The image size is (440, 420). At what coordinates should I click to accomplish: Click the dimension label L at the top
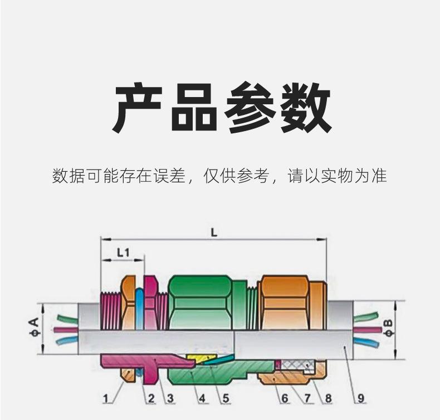(x=213, y=233)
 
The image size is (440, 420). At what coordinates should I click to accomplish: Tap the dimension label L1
(x=123, y=253)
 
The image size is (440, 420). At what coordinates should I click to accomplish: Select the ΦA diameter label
(x=34, y=329)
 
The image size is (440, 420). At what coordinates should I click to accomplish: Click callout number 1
(x=106, y=398)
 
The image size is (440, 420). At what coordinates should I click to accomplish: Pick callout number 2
(x=150, y=398)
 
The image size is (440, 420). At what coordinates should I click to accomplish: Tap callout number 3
(x=170, y=398)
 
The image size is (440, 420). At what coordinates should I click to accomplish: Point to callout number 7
(x=306, y=398)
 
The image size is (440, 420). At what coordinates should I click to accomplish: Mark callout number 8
(x=328, y=398)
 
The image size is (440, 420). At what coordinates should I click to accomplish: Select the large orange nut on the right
(x=285, y=302)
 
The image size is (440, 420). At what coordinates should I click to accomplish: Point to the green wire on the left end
(x=66, y=319)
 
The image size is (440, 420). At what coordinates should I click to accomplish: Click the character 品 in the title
(x=193, y=107)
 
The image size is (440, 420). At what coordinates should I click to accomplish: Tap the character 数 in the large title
(x=304, y=107)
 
